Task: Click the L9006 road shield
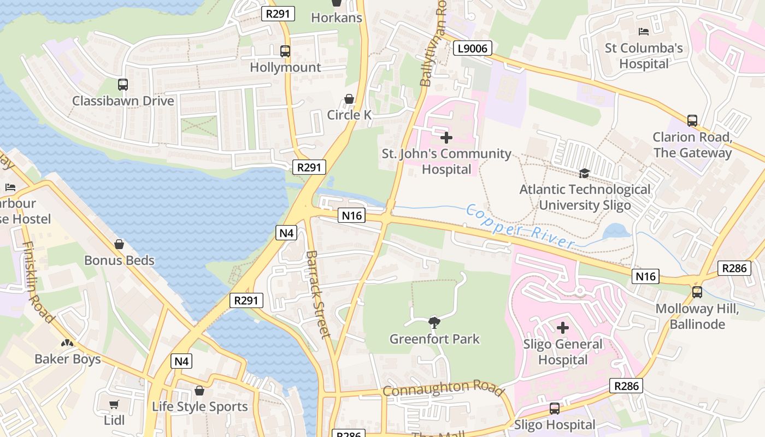[x=473, y=49]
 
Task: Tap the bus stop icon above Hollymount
[x=285, y=51]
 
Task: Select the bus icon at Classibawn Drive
[x=123, y=85]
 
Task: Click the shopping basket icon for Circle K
[x=349, y=99]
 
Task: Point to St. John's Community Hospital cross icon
[x=446, y=138]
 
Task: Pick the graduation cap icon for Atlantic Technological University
[x=584, y=173]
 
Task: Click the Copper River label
[x=520, y=226]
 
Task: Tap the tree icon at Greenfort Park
[x=434, y=322]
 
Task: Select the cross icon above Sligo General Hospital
[x=563, y=328]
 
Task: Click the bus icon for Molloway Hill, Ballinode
[x=697, y=292]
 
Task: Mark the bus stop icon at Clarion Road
[x=692, y=121]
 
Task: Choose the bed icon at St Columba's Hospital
[x=644, y=32]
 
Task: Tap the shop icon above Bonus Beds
[x=119, y=244]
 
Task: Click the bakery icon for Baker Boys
[x=67, y=343]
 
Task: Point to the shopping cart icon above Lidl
[x=114, y=404]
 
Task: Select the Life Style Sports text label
[x=199, y=406]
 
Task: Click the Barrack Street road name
[x=319, y=294]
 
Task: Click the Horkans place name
[x=337, y=17]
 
